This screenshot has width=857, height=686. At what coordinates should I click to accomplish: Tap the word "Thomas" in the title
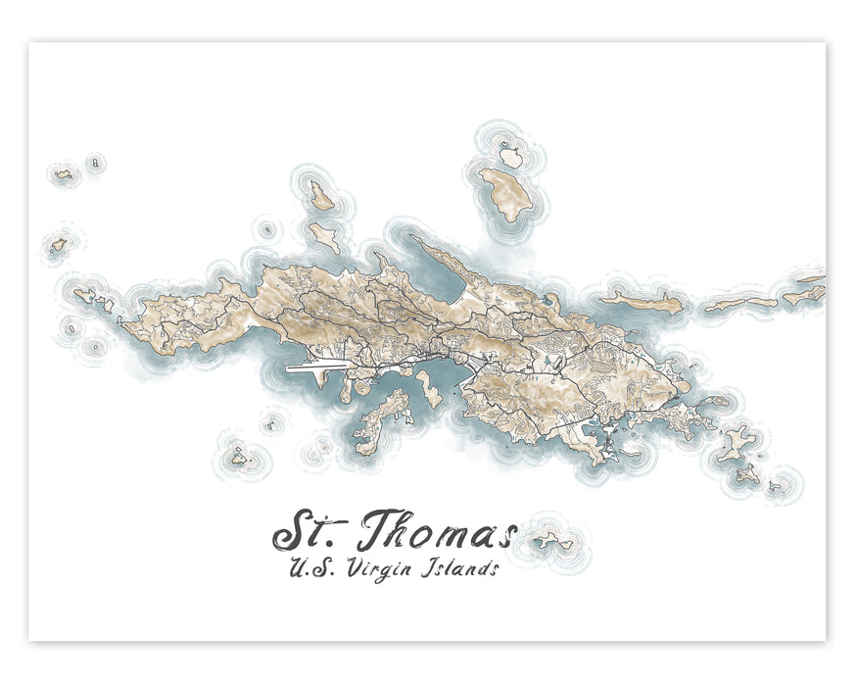pos(436,534)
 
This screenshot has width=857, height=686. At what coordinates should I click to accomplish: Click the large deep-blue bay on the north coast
pos(441,279)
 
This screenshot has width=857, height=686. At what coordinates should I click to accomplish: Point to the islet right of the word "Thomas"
pos(553,539)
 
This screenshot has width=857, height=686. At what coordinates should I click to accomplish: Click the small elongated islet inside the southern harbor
pos(429,381)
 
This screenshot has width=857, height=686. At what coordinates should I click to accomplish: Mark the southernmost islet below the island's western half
pos(238,456)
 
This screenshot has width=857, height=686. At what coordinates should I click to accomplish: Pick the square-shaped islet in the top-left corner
pos(94,162)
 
